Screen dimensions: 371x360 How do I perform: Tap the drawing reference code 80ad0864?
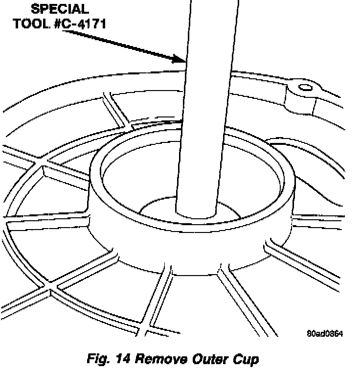point(324,334)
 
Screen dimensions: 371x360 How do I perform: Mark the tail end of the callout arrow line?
point(64,31)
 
